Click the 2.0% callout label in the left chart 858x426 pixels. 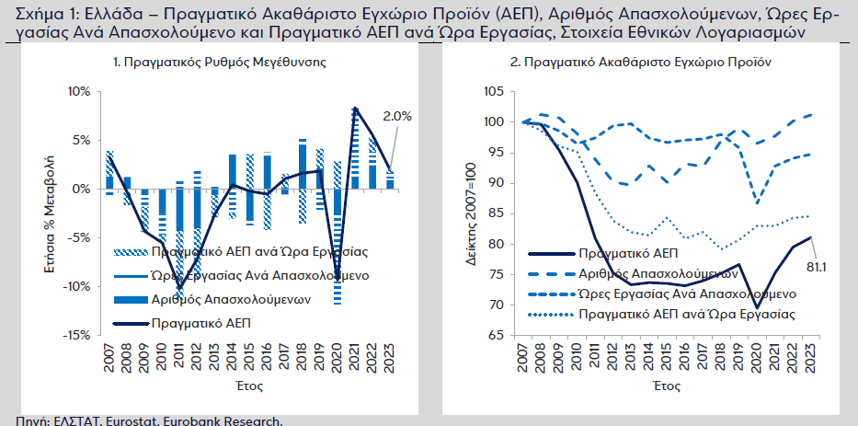click(397, 117)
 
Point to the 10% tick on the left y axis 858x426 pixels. click(78, 92)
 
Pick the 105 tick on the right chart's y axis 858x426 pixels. click(493, 92)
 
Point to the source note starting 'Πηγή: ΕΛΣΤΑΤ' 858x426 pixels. click(142, 420)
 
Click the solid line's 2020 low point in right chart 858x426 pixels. click(757, 307)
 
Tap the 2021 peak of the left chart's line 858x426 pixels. click(356, 109)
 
